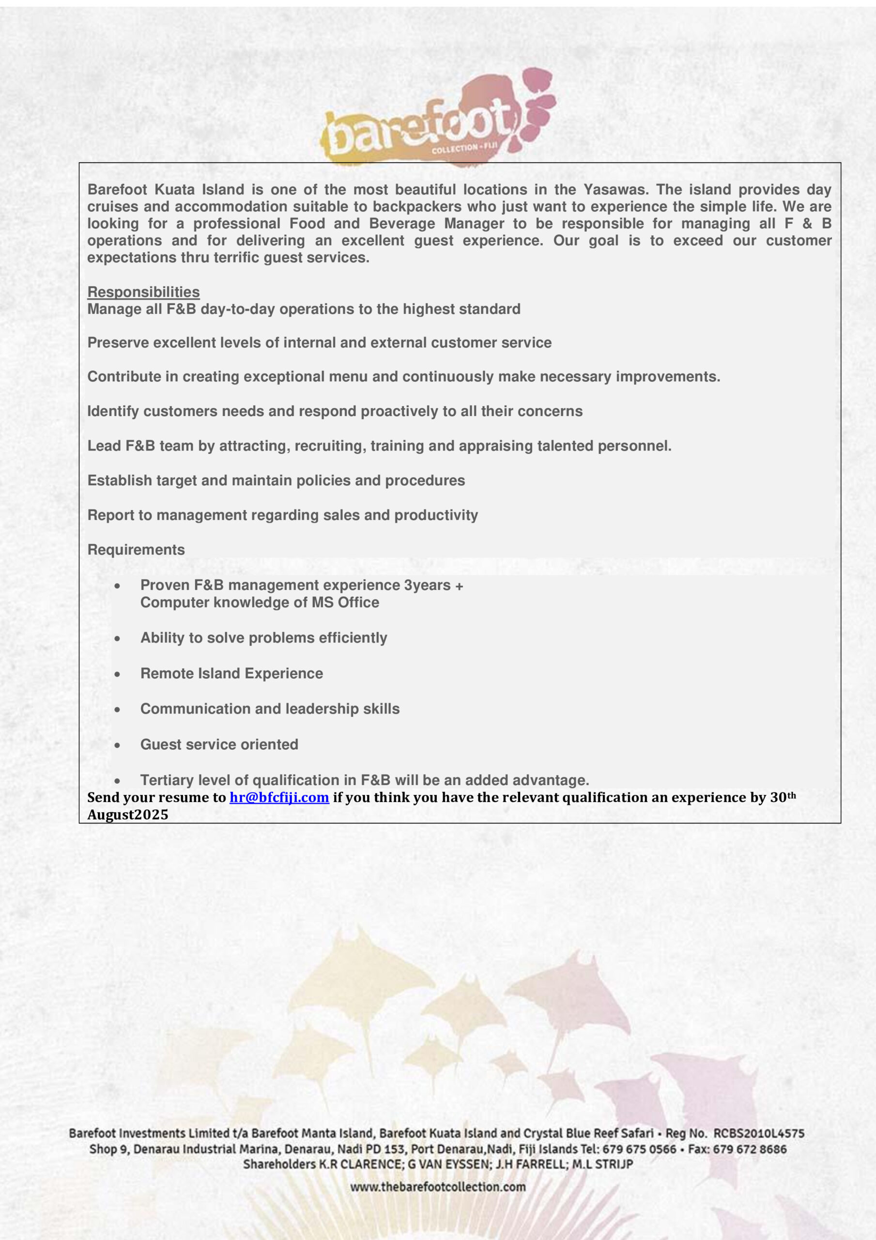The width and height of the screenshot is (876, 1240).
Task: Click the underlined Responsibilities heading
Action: pyautogui.click(x=143, y=292)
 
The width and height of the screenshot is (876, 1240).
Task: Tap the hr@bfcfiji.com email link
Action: pyautogui.click(x=279, y=797)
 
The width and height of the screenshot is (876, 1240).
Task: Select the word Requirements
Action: pyautogui.click(x=136, y=549)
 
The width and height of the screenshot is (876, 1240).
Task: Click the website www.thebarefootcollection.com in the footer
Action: pyautogui.click(x=437, y=1187)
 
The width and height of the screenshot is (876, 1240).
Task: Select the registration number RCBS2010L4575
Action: pyautogui.click(x=759, y=1133)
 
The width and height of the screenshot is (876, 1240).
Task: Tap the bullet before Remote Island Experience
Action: pyautogui.click(x=117, y=674)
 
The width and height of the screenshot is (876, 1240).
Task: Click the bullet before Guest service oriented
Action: pyautogui.click(x=117, y=745)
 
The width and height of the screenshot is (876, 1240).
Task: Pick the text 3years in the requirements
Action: pyautogui.click(x=427, y=585)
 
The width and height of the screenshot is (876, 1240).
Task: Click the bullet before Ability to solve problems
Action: pyautogui.click(x=117, y=638)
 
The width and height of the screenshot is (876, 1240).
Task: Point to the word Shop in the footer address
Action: pyautogui.click(x=101, y=1149)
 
